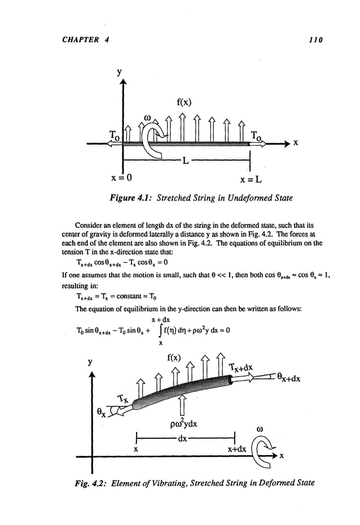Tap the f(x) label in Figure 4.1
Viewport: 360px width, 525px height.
185,102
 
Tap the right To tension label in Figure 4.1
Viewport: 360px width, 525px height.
257,135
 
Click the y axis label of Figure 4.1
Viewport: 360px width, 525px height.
120,73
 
